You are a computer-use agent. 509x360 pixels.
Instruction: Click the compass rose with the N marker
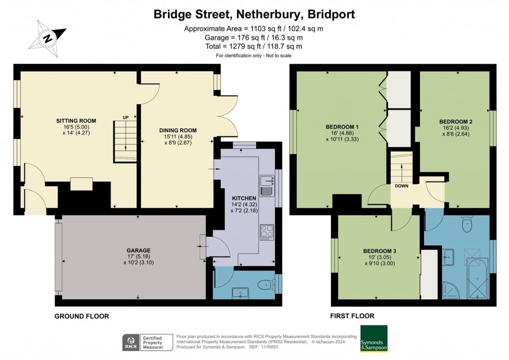(x=48, y=37)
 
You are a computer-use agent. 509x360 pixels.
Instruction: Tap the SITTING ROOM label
(x=76, y=121)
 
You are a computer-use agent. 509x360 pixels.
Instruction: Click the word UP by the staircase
(x=126, y=117)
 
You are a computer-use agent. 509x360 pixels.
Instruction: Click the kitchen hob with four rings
(x=266, y=232)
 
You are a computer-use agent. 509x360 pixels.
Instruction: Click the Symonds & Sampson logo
(x=374, y=339)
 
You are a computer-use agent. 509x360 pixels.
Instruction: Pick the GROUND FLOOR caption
(x=82, y=316)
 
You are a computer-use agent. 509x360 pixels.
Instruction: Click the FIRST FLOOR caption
(x=352, y=316)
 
